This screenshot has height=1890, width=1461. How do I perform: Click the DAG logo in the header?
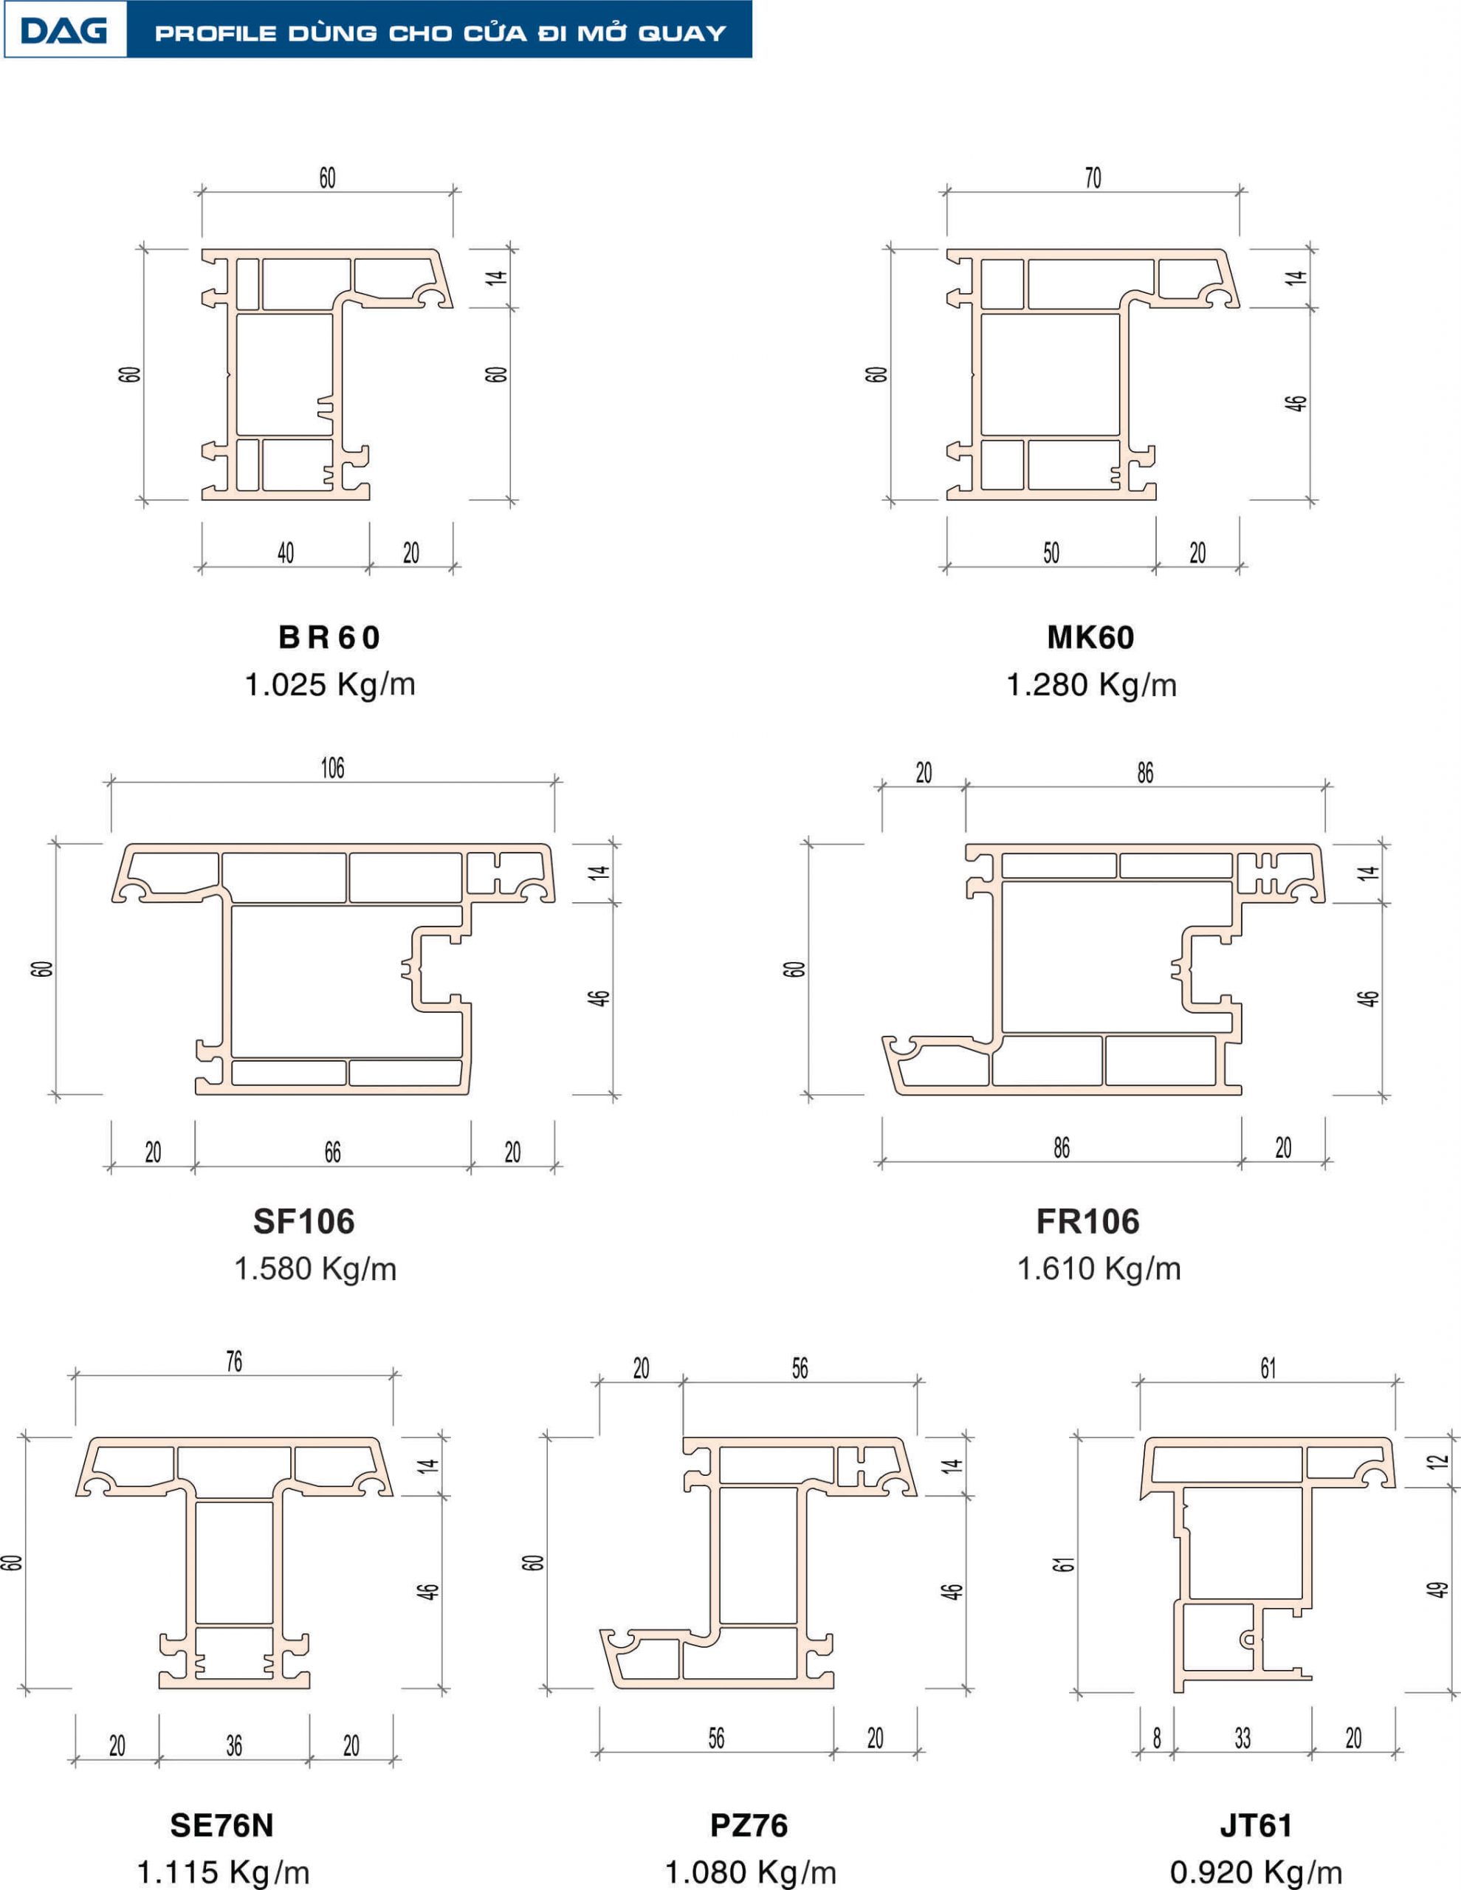point(64,31)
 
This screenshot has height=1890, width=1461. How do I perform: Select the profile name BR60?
point(329,638)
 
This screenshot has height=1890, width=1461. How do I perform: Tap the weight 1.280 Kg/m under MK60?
point(1091,684)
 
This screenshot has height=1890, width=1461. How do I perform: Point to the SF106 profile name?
point(304,1221)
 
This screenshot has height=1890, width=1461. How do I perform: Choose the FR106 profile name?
point(1088,1221)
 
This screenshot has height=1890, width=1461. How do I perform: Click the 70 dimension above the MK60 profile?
point(1093,177)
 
